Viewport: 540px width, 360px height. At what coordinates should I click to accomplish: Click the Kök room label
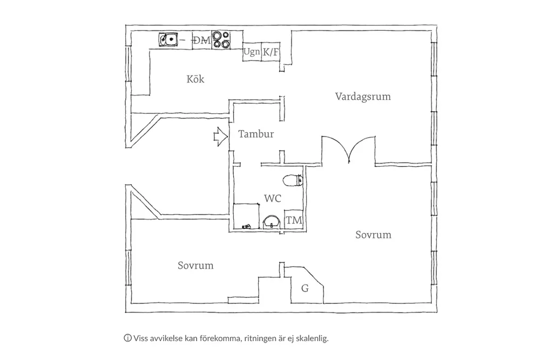coord(195,79)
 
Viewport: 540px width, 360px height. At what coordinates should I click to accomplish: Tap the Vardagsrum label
coord(362,97)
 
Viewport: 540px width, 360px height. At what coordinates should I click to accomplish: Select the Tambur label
coord(256,134)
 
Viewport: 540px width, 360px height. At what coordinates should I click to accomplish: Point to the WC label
coord(273,198)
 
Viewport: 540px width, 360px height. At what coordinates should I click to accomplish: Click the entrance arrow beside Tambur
coord(219,136)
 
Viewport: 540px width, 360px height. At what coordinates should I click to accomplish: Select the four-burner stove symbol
coord(220,40)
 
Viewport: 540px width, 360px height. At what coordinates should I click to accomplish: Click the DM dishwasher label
coord(202,40)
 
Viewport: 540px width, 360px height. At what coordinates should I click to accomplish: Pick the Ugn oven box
coord(252,52)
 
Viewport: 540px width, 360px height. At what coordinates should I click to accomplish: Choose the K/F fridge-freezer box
coord(271,52)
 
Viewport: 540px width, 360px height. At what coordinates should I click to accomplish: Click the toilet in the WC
coord(292,180)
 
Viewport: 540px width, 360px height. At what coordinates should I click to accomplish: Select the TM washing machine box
coord(294,220)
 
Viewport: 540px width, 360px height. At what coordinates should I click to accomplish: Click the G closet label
coord(305,289)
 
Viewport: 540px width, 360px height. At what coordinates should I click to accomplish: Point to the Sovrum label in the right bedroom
coord(373,235)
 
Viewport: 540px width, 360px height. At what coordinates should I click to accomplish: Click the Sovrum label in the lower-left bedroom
coord(195,266)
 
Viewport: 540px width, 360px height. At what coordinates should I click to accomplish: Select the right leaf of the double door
coord(362,149)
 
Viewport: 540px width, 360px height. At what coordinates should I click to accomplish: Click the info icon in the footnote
coord(128,339)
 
